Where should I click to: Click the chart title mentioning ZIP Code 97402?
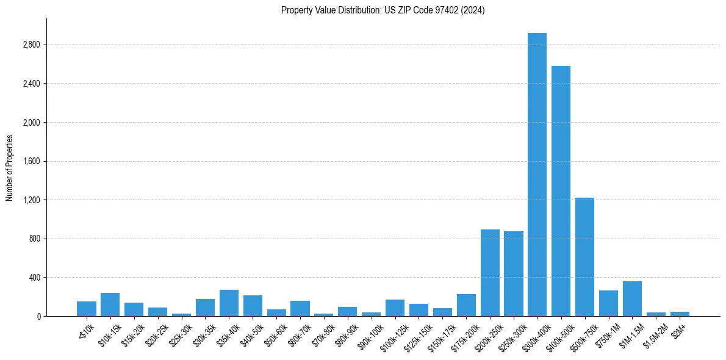pyautogui.click(x=383, y=10)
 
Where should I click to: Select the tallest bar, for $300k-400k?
pyautogui.click(x=537, y=175)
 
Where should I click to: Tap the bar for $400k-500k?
pyautogui.click(x=561, y=191)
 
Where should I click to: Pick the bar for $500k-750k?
pyautogui.click(x=584, y=257)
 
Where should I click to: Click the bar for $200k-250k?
pyautogui.click(x=490, y=273)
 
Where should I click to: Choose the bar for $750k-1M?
pyautogui.click(x=608, y=303)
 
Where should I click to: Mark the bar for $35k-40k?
pyautogui.click(x=229, y=303)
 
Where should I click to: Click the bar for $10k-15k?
pyautogui.click(x=110, y=304)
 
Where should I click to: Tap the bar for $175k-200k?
pyautogui.click(x=466, y=305)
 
